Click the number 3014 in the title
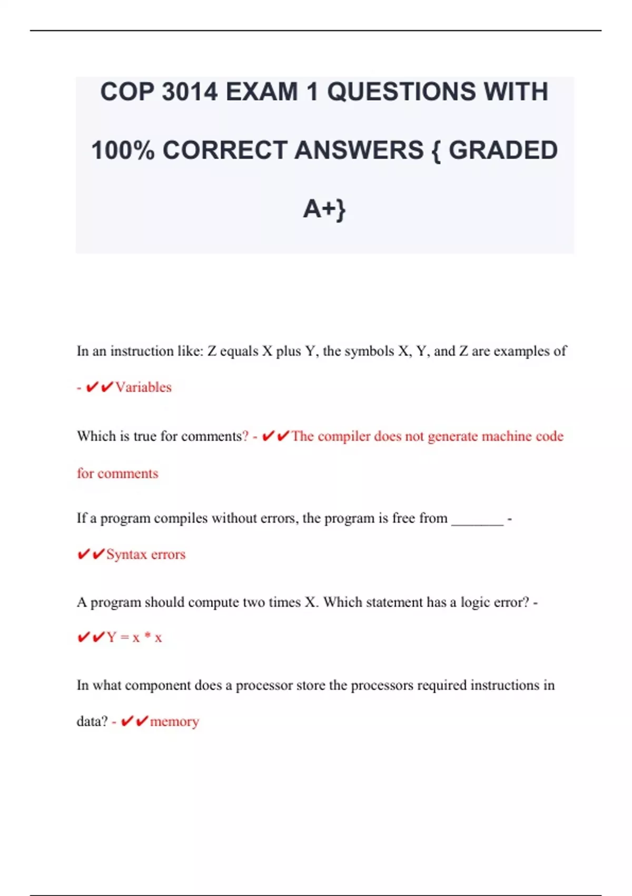click(x=190, y=92)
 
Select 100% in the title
click(x=123, y=150)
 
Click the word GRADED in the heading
click(x=503, y=150)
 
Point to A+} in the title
click(x=324, y=209)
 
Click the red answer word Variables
click(x=143, y=387)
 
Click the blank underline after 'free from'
click(x=477, y=519)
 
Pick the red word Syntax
click(x=126, y=554)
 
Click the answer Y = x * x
click(x=134, y=638)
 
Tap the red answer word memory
click(x=174, y=722)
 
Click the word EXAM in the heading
click(x=262, y=92)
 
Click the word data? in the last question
click(x=92, y=722)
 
